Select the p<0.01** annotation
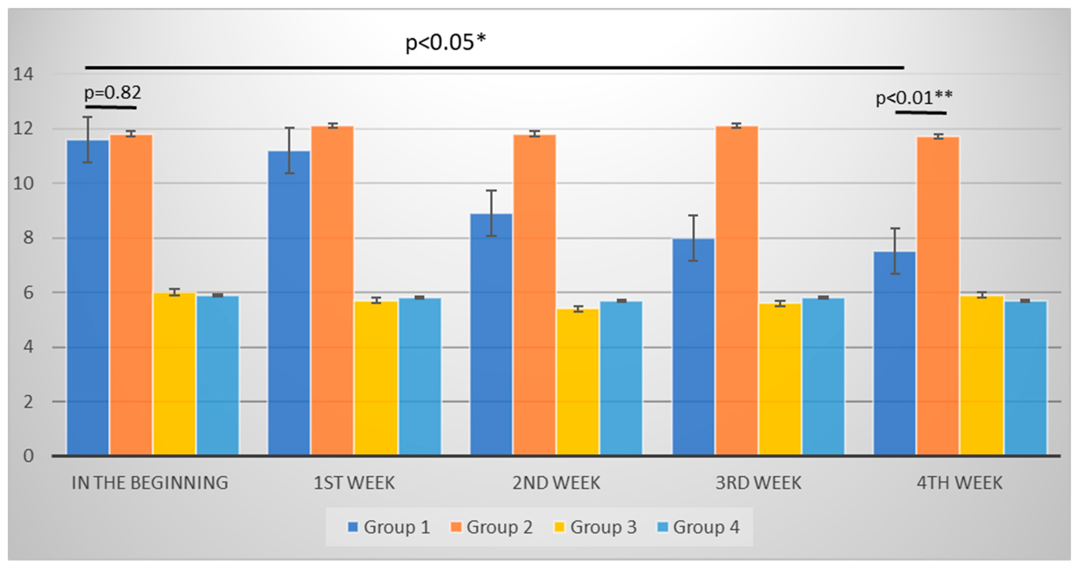click(x=914, y=98)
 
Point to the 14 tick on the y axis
click(x=23, y=74)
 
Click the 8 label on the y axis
click(x=28, y=238)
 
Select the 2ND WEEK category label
click(x=556, y=483)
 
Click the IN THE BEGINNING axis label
click(x=150, y=483)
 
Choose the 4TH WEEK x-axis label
click(x=959, y=483)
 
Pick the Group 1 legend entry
click(x=388, y=527)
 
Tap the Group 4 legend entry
click(x=698, y=527)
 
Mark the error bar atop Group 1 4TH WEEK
click(x=895, y=251)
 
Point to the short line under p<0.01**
click(x=921, y=112)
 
